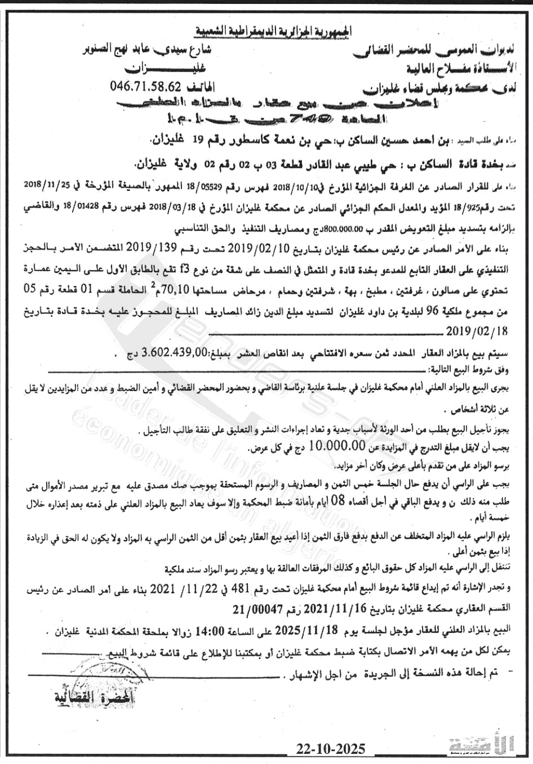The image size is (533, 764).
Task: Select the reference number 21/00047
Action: [256, 610]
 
